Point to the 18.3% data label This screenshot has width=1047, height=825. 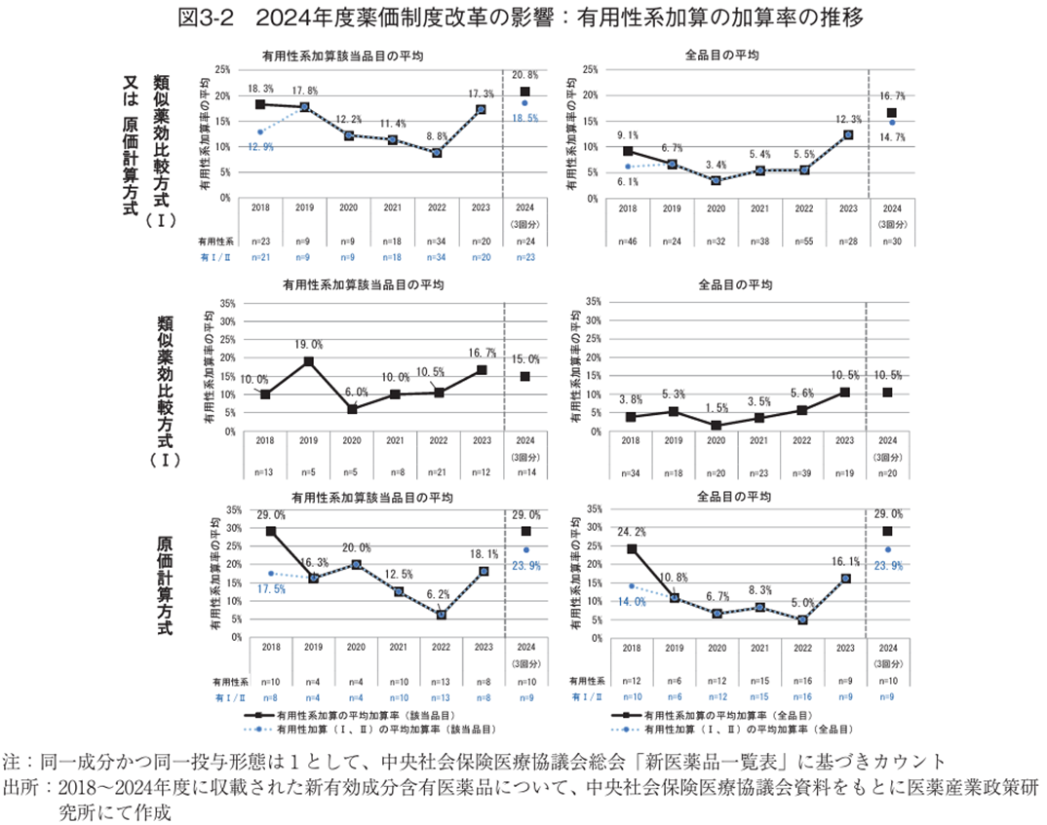[x=259, y=89]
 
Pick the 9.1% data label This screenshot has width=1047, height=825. [x=628, y=135]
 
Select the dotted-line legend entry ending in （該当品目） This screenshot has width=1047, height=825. [x=385, y=727]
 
